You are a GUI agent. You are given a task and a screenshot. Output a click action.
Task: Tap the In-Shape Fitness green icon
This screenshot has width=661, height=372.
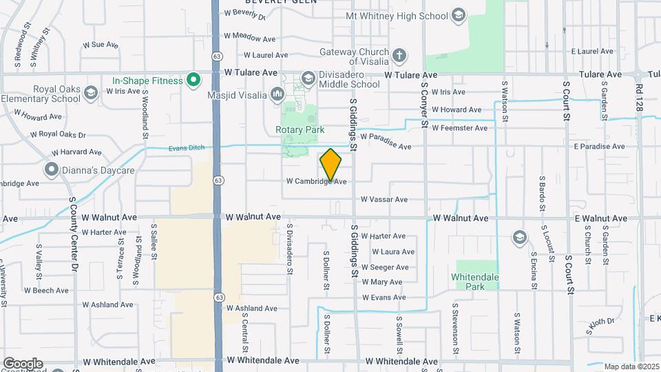pyautogui.click(x=194, y=81)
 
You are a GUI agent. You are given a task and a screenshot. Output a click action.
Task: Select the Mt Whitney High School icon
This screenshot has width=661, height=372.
pyautogui.click(x=458, y=16)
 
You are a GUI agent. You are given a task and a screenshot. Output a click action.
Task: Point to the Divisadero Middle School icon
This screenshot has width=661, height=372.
pyautogui.click(x=308, y=78)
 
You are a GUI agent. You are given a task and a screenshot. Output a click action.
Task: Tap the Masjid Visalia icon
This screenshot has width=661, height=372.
pyautogui.click(x=277, y=93)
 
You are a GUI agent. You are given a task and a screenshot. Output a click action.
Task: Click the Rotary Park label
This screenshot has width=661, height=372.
pyautogui.click(x=295, y=130)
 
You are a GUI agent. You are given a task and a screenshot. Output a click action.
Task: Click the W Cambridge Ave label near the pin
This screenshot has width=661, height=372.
pyautogui.click(x=316, y=182)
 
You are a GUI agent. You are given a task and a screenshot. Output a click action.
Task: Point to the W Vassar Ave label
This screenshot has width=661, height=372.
pyautogui.click(x=384, y=200)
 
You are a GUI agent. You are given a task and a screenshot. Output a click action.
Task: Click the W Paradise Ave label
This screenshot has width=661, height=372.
pyautogui.click(x=386, y=146)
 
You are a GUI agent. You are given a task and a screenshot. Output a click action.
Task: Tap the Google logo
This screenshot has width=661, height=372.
pyautogui.click(x=22, y=364)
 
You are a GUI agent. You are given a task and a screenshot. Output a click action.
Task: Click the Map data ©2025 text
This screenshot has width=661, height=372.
pyautogui.click(x=631, y=366)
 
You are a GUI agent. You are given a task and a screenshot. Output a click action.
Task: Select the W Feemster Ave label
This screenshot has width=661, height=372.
pyautogui.click(x=461, y=128)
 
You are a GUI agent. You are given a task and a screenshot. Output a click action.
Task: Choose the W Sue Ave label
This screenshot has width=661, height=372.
pyautogui.click(x=101, y=45)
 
